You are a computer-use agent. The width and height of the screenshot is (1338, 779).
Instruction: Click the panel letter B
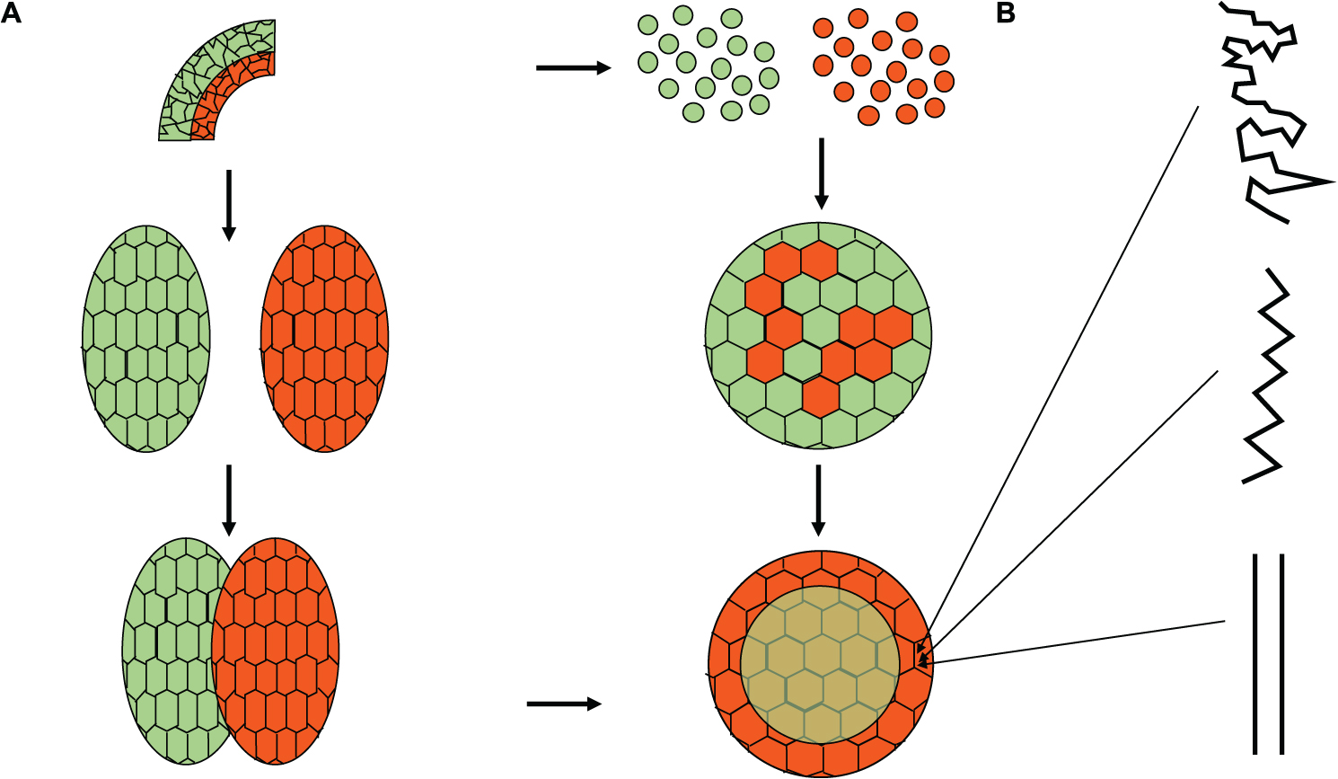pos(1006,13)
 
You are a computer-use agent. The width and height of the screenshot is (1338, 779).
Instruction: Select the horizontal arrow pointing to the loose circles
pos(573,67)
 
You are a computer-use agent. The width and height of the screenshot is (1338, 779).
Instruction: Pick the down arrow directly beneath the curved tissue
pos(229,205)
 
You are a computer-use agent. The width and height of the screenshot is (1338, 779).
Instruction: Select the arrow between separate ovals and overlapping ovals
pos(229,500)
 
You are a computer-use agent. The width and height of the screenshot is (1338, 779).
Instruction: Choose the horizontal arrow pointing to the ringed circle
pos(563,704)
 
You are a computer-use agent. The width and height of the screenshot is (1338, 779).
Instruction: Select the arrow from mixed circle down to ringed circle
pos(818,500)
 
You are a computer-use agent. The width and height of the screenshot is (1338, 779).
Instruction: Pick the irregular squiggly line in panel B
pos(1266,108)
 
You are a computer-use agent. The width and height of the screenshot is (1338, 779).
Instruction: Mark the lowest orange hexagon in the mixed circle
pos(819,396)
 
